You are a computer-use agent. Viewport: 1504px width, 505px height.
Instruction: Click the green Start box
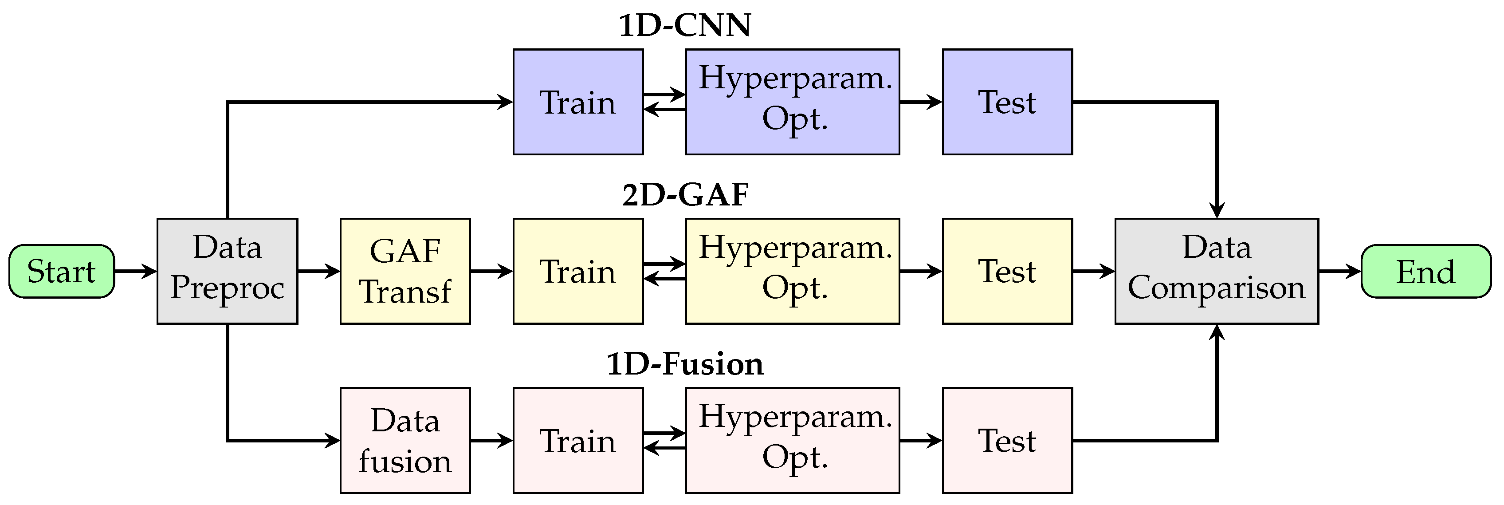click(61, 271)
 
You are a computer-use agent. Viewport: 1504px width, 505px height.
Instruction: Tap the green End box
click(1426, 271)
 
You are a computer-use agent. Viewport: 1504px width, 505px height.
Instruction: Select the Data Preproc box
click(227, 271)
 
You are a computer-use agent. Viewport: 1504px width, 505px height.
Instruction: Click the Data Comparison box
click(1216, 271)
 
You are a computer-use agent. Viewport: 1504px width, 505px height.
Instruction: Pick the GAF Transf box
click(405, 271)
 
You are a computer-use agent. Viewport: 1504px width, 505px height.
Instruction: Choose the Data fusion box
click(405, 440)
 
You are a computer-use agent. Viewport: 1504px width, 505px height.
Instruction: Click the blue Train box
click(578, 102)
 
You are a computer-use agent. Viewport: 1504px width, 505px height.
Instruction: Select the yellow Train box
click(578, 271)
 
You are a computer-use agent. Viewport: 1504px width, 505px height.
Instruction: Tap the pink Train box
click(578, 440)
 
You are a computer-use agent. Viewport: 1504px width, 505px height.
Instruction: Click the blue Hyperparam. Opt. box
click(792, 102)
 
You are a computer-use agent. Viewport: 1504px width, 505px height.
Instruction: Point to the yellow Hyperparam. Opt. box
click(792, 271)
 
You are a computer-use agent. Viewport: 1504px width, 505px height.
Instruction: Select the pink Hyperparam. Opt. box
click(792, 440)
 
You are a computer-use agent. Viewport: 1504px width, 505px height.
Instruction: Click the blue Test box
click(1007, 102)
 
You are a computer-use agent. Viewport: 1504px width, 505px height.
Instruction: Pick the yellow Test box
click(1007, 271)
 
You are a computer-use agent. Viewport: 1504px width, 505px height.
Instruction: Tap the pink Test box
click(1007, 440)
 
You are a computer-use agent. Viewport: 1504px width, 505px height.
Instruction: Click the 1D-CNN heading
click(684, 26)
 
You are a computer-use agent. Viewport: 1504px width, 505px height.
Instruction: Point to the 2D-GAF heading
click(685, 195)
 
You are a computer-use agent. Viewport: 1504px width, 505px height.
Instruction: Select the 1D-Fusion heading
click(684, 364)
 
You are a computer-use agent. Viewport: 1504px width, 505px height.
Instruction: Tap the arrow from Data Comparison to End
click(1339, 271)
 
